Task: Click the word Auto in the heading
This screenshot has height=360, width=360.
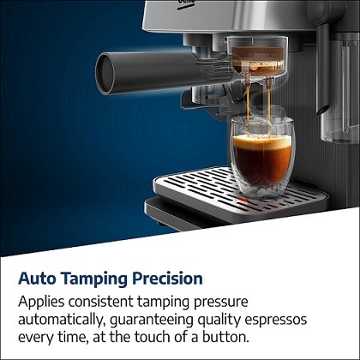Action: tap(37, 279)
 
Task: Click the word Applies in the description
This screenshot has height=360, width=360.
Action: tap(41, 302)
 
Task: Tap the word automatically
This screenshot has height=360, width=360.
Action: tap(60, 321)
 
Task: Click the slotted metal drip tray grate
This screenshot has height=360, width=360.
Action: tap(240, 189)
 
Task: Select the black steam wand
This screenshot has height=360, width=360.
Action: tap(322, 69)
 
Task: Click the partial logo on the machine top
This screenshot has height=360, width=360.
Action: tap(186, 3)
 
